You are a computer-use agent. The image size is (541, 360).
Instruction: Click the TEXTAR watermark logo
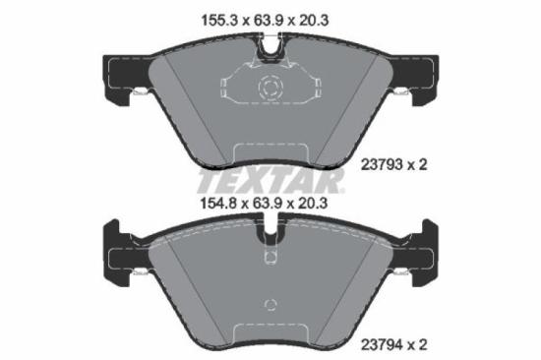(x=270, y=181)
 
